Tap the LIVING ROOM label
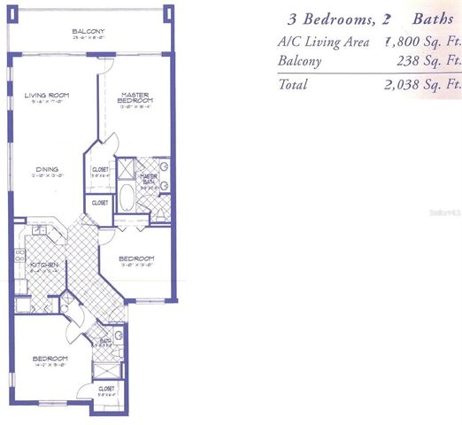(47, 96)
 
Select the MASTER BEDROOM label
(136, 98)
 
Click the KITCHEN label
(44, 265)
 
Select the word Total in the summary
(292, 85)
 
